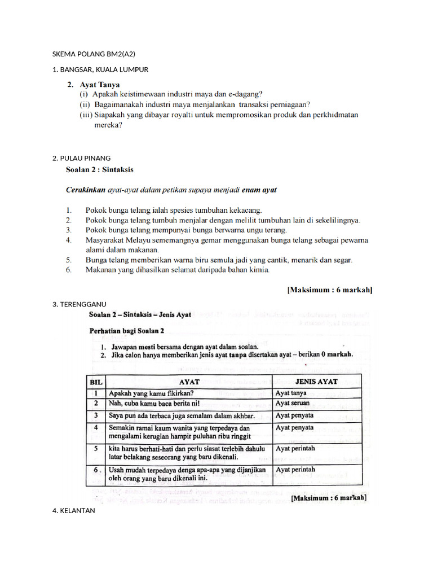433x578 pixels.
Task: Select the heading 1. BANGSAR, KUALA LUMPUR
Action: click(x=100, y=69)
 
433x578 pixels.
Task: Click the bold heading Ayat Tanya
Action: click(x=96, y=84)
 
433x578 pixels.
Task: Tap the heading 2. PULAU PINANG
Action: click(x=81, y=157)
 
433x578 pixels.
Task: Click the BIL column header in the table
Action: click(x=96, y=382)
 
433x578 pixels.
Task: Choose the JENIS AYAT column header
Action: click(x=316, y=382)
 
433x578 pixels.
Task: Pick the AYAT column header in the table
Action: click(x=189, y=382)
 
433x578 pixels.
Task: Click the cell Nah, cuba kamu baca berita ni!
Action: click(x=154, y=404)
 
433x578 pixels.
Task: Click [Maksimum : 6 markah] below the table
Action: click(x=329, y=498)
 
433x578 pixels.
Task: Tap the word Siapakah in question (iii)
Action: click(x=109, y=115)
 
